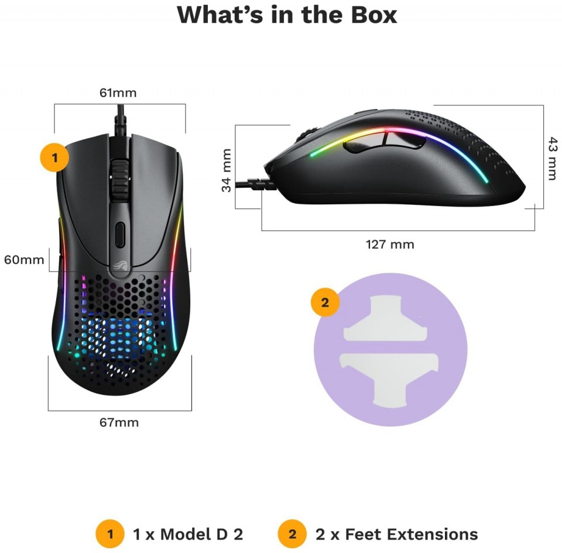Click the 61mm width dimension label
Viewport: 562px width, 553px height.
coord(118,93)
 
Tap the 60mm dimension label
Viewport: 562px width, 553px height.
coord(24,260)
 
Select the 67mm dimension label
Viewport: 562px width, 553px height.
coord(119,423)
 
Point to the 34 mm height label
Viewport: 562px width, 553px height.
coord(226,170)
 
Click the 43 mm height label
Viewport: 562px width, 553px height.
coord(552,158)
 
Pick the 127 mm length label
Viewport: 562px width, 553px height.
coord(390,244)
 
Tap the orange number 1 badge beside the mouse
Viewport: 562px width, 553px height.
coord(54,157)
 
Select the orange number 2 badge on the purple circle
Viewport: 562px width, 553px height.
coord(325,303)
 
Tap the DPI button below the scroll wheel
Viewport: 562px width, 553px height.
coord(120,235)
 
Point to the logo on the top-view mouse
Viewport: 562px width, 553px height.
coord(119,266)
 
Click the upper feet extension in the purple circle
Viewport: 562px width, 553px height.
coord(386,318)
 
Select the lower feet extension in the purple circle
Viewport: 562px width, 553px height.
coord(389,380)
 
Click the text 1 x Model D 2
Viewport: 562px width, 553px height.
coord(188,534)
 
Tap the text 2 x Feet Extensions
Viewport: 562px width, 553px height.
coord(397,534)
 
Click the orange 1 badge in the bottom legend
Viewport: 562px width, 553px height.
coord(110,534)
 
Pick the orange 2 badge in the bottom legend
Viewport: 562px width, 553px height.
coord(293,534)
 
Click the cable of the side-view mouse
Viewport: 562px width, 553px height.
coord(253,184)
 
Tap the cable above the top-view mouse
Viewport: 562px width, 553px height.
coord(121,121)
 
